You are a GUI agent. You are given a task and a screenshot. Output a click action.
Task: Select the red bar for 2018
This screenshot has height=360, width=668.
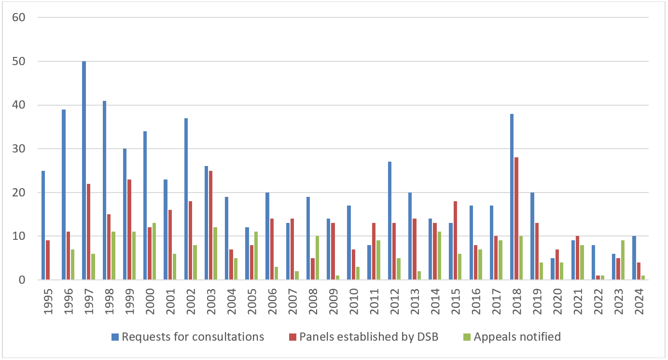517,219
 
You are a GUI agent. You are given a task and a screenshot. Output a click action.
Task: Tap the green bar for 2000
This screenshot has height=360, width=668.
154,251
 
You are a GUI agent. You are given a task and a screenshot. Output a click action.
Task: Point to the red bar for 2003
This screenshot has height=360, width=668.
211,225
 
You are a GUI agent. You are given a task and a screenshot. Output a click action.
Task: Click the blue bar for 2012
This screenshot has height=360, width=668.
390,221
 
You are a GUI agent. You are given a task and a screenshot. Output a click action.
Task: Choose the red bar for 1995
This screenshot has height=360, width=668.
48,260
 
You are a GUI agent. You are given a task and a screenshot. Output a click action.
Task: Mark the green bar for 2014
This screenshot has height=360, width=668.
439,256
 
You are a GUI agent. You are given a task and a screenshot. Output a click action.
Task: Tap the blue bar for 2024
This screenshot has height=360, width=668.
634,258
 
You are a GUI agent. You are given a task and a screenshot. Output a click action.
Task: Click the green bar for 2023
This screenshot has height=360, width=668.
623,260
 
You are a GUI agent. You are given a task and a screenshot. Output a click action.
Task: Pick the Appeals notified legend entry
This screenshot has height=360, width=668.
517,337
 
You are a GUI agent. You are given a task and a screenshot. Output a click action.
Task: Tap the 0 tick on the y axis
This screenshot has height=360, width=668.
21,280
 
